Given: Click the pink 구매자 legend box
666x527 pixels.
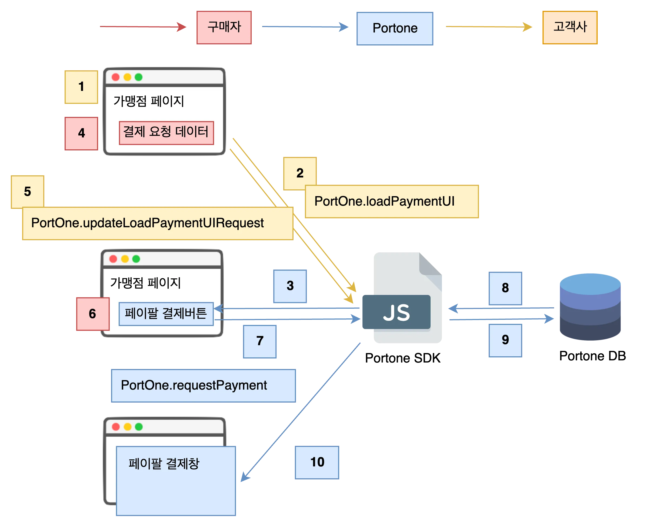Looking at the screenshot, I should click(x=224, y=28).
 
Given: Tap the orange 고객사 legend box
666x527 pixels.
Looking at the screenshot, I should click(x=570, y=28).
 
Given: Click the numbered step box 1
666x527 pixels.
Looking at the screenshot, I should click(x=81, y=87).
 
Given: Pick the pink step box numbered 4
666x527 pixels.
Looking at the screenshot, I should click(x=81, y=133).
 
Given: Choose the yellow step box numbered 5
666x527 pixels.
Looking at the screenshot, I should click(x=28, y=192).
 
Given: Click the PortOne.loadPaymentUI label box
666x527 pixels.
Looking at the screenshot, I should click(x=392, y=202).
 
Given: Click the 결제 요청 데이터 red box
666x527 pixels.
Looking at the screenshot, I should click(x=166, y=133).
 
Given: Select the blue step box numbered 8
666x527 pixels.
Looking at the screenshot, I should click(x=505, y=288).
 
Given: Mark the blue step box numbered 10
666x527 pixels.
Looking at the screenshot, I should click(x=317, y=462).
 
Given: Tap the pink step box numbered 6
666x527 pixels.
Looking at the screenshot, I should click(x=92, y=314).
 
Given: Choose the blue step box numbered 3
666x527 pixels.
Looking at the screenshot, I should click(x=290, y=286).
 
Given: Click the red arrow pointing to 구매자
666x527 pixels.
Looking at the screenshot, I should click(x=143, y=27).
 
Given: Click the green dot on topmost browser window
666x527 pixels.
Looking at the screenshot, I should click(x=139, y=77).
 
